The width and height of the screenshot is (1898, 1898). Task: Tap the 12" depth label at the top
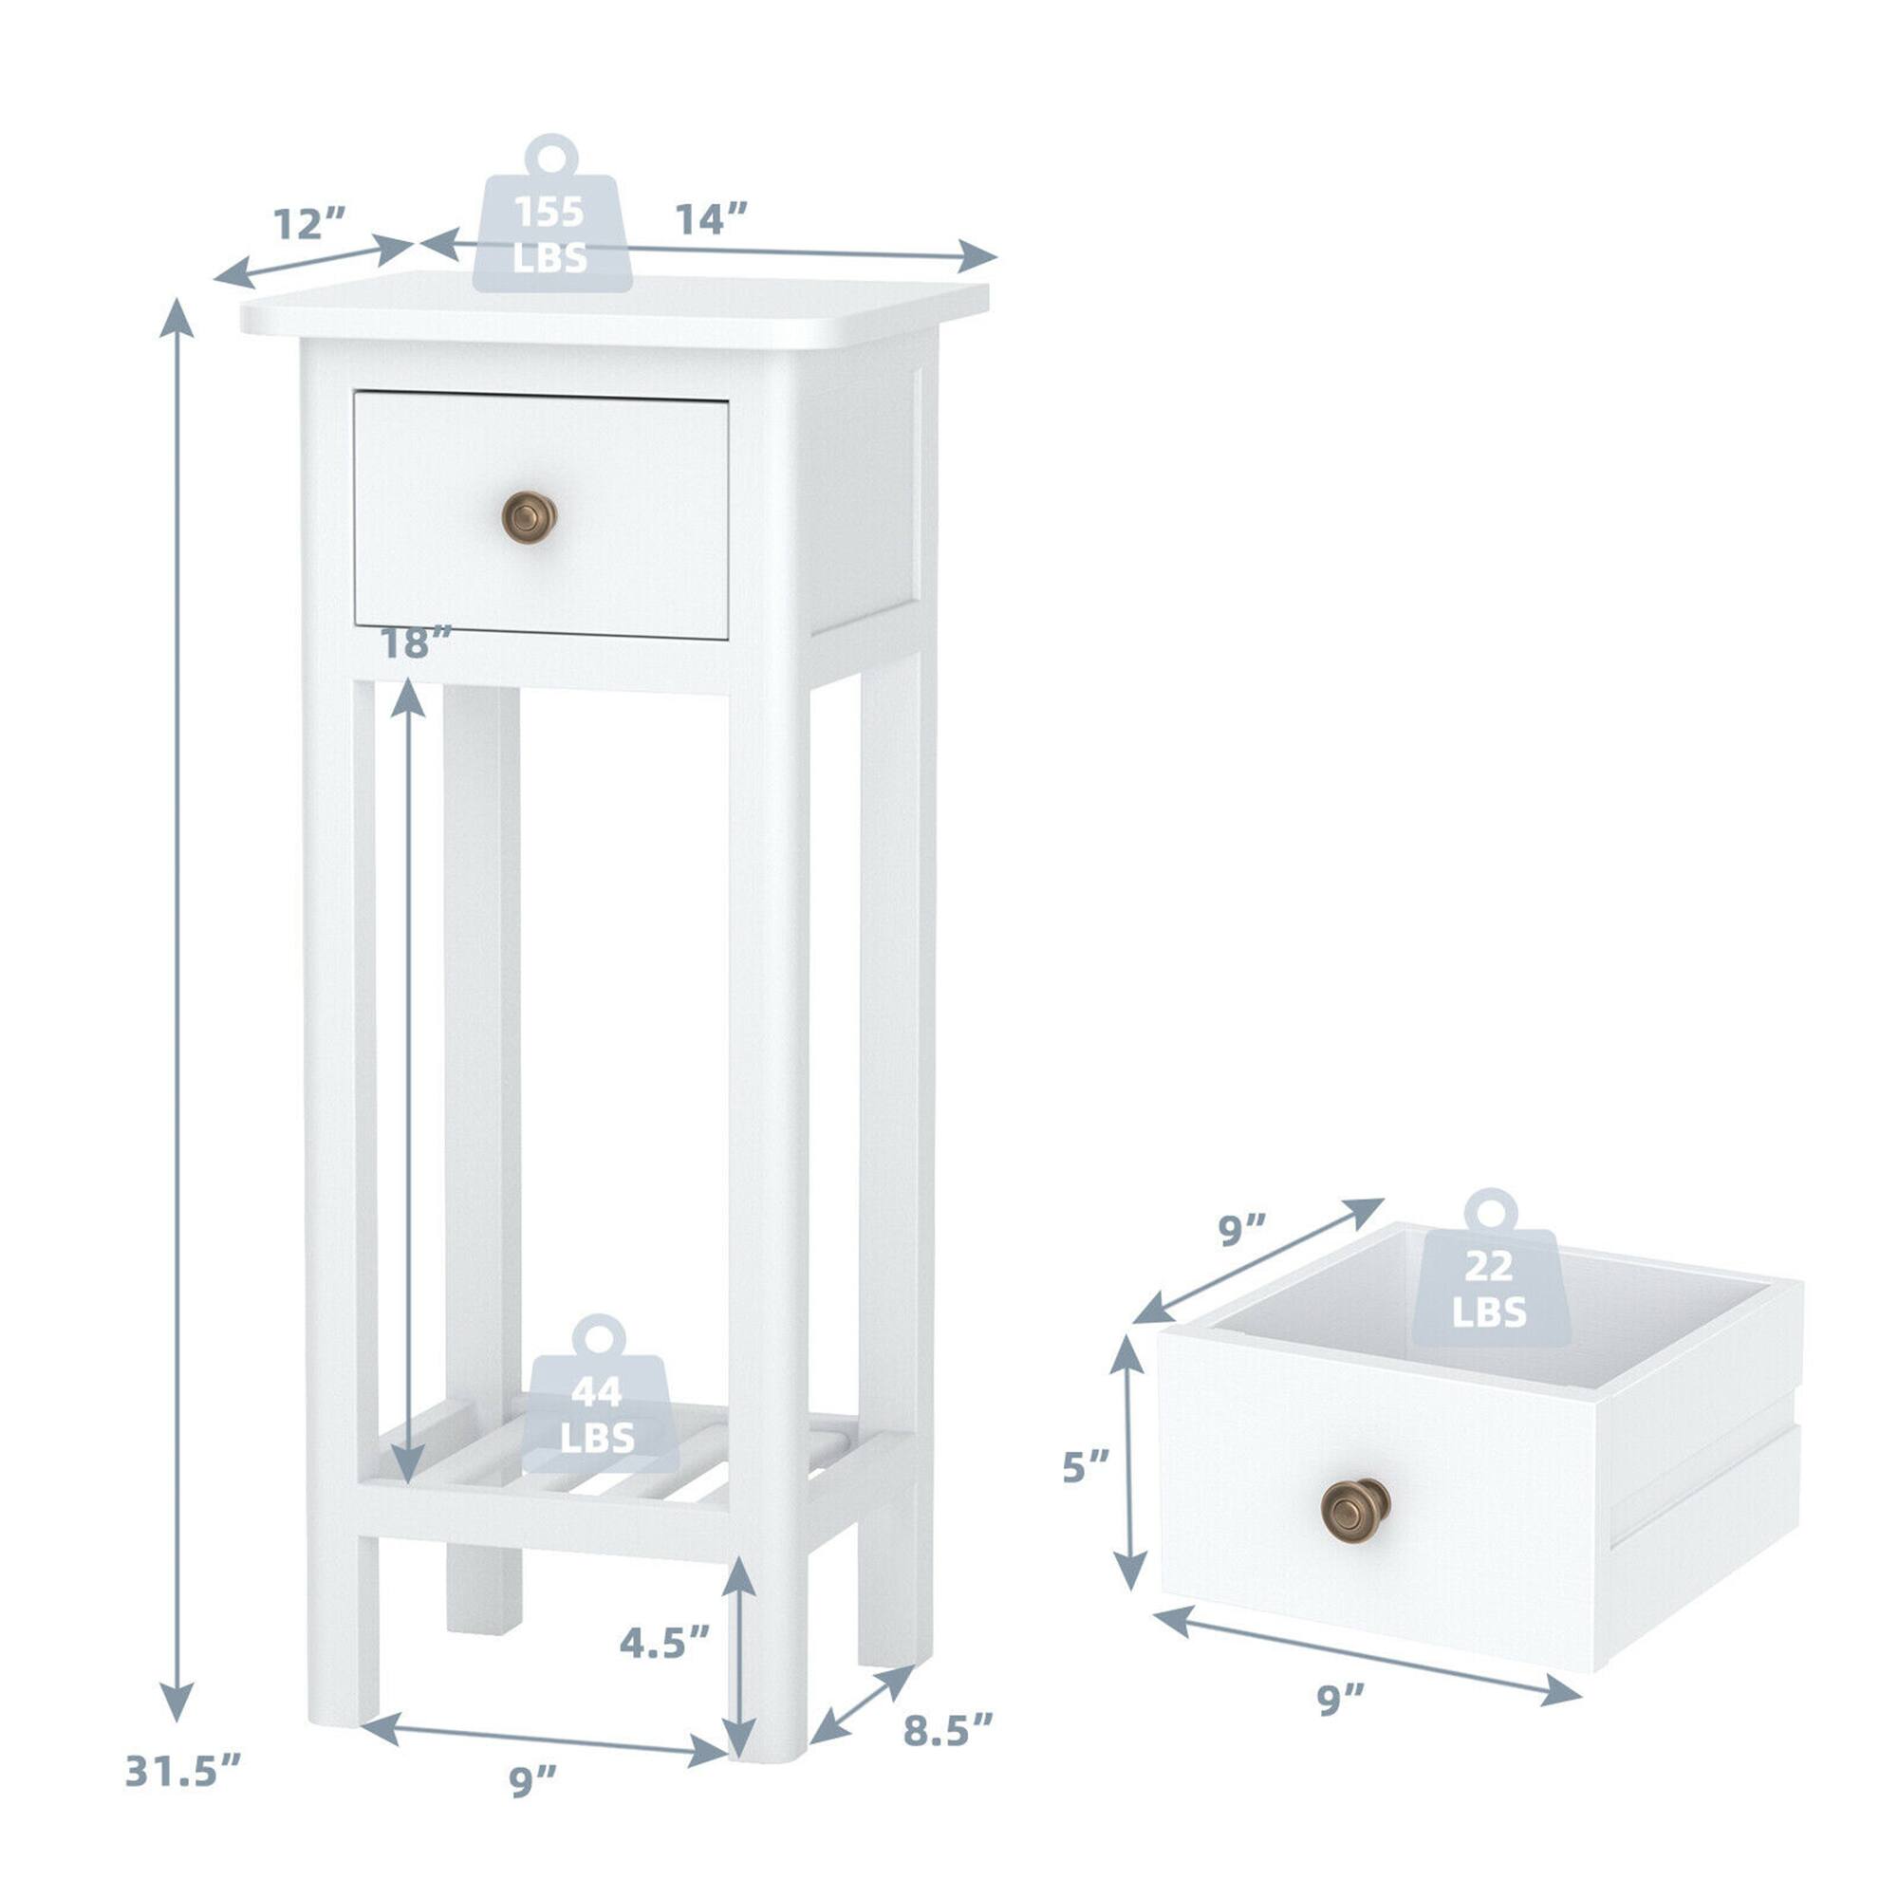pyautogui.click(x=308, y=224)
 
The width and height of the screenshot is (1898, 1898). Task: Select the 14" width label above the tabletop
pyautogui.click(x=711, y=218)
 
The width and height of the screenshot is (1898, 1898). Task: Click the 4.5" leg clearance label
pyautogui.click(x=664, y=1642)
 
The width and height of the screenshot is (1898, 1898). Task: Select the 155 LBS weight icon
pyautogui.click(x=552, y=215)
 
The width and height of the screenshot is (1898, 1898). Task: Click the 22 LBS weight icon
pyautogui.click(x=1489, y=1269)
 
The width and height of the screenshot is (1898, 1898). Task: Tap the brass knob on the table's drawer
pyautogui.click(x=530, y=517)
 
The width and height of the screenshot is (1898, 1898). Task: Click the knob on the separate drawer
pyautogui.click(x=1356, y=1507)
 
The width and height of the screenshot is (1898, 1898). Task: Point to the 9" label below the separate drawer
pyautogui.click(x=1341, y=1700)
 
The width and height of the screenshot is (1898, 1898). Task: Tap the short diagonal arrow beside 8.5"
pyautogui.click(x=862, y=1720)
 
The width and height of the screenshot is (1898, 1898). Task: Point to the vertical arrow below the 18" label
pyautogui.click(x=408, y=1081)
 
